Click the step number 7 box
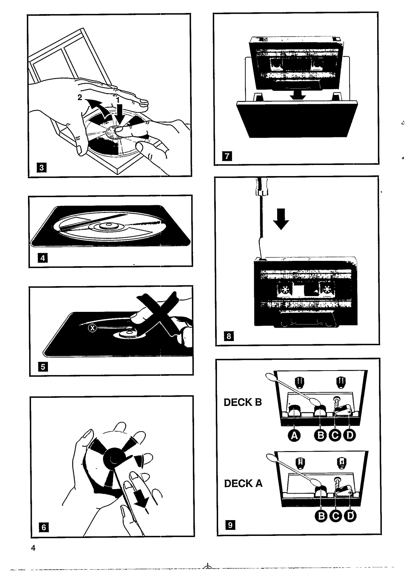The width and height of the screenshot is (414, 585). point(227,156)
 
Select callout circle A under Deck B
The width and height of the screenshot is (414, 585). point(294,435)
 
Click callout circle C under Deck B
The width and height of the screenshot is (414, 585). point(335,435)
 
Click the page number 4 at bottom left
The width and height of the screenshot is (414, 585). point(34,548)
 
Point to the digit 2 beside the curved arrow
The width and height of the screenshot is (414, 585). point(80,97)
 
